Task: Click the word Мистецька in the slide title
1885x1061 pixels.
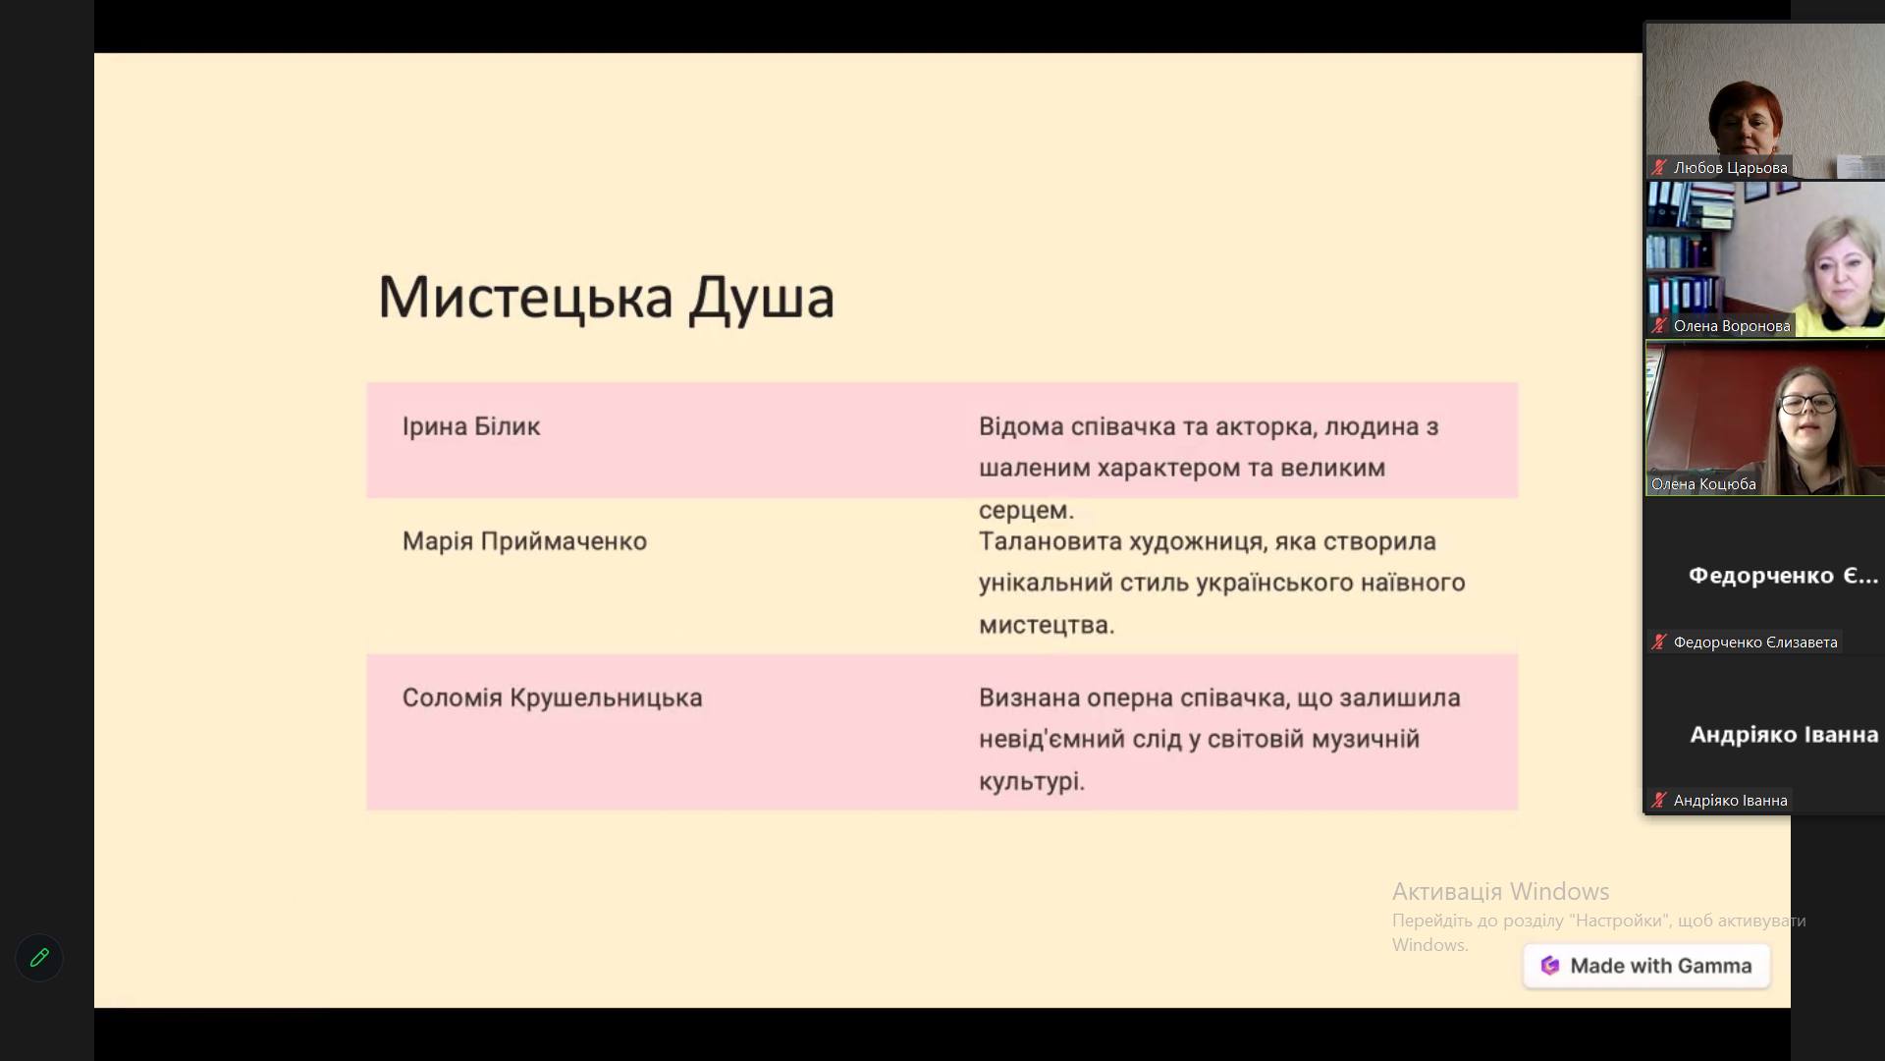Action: [525, 297]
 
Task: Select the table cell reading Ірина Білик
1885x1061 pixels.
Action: [471, 426]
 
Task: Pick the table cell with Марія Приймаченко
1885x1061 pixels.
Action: [524, 541]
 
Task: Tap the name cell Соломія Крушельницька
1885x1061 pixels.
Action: [552, 698]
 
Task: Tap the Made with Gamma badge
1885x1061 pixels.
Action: [1646, 966]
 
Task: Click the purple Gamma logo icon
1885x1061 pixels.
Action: [1550, 966]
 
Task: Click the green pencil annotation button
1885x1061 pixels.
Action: [39, 958]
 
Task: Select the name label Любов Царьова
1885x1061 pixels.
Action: [1730, 168]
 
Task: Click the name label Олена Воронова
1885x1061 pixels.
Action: [1732, 326]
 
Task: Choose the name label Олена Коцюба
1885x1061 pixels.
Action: [1703, 484]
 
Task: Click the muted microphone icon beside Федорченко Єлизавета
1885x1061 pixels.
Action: [1659, 642]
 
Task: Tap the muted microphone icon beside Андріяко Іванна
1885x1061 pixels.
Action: [1659, 801]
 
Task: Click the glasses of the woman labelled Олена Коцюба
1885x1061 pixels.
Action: [1807, 403]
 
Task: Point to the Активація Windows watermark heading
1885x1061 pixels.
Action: [1500, 891]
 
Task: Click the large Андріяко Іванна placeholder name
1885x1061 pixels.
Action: [1784, 735]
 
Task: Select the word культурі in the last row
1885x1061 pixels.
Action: [1032, 782]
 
